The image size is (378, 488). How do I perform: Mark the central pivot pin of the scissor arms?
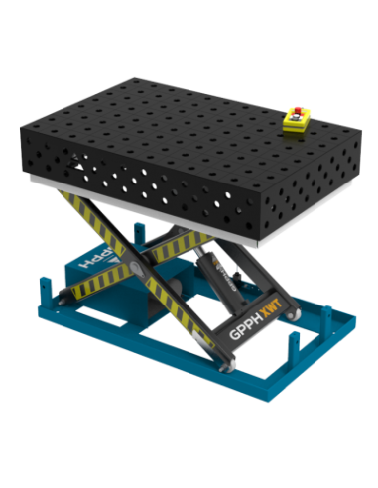[x=152, y=272]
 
